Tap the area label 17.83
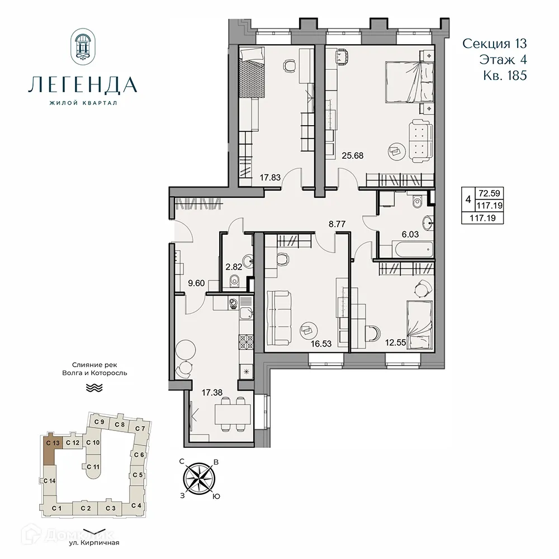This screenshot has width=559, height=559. point(270,178)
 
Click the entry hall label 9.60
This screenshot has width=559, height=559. point(196,283)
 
